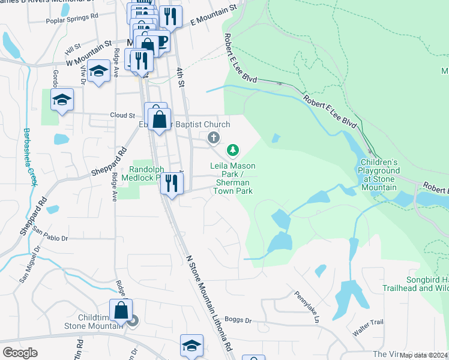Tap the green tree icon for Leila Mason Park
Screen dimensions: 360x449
click(233, 149)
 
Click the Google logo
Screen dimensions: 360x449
click(20, 353)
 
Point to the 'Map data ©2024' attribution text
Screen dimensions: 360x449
click(424, 355)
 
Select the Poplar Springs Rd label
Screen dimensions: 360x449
click(72, 18)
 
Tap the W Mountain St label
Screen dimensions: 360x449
click(89, 52)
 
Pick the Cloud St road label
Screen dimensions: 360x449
click(122, 115)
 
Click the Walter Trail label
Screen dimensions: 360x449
click(368, 326)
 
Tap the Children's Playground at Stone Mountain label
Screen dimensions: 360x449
click(379, 175)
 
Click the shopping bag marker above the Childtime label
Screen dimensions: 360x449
click(121, 311)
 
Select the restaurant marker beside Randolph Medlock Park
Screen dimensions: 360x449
click(172, 183)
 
